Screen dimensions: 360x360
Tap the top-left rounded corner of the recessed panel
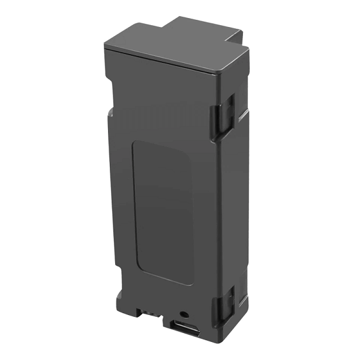135,146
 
